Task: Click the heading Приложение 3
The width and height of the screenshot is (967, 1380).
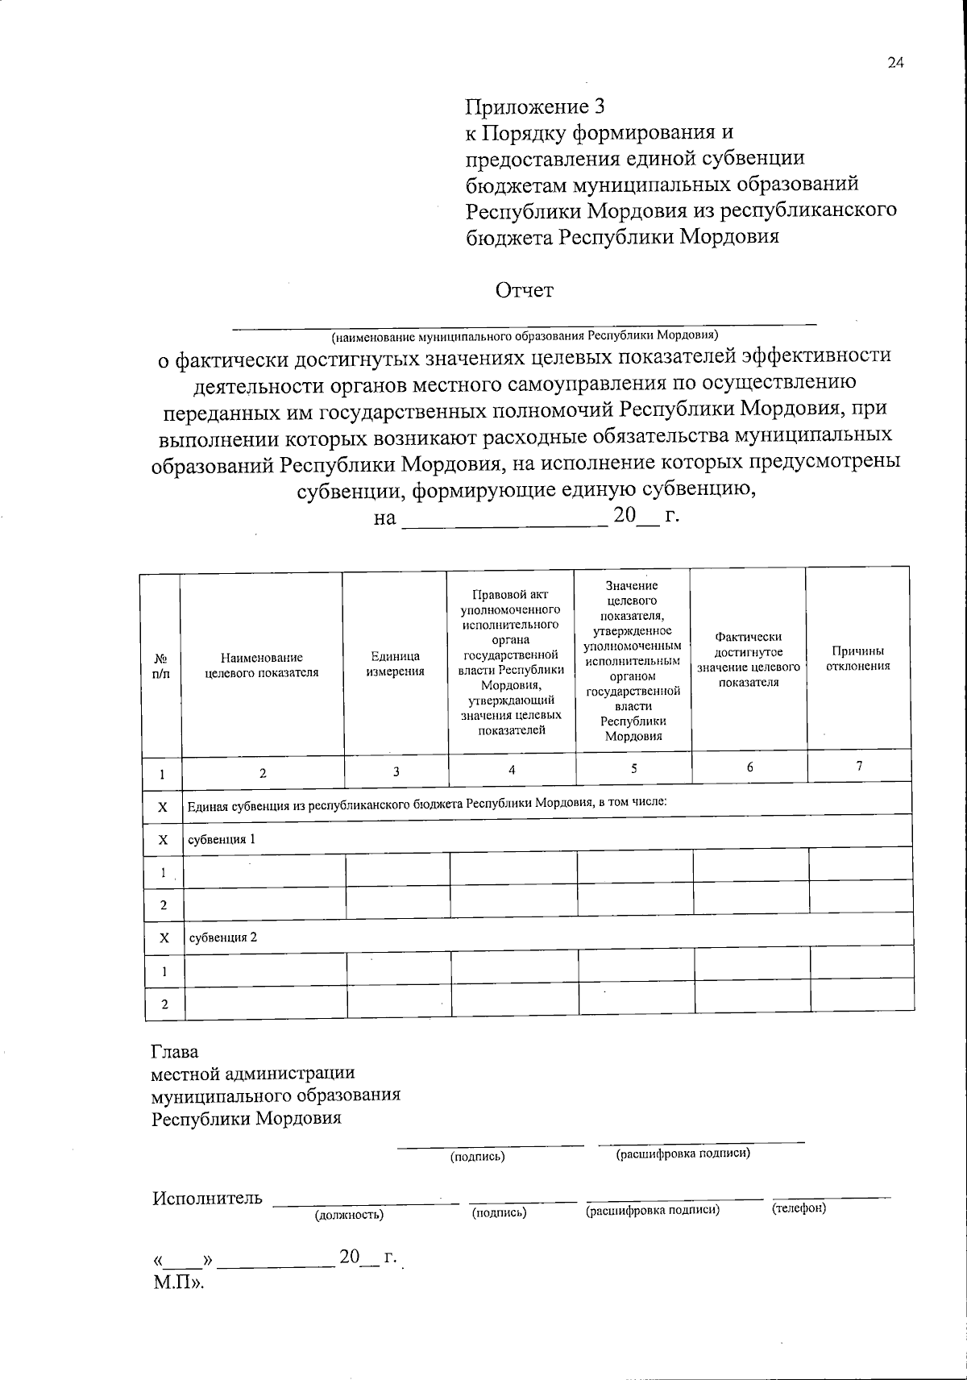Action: coord(534,106)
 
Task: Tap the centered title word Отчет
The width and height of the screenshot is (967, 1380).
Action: coord(525,290)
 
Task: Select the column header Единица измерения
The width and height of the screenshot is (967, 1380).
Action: coord(395,664)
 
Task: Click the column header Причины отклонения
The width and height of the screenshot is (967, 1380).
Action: coord(858,658)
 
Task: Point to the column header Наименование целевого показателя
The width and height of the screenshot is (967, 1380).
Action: coord(262,665)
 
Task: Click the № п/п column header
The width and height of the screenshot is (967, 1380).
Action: coord(160,665)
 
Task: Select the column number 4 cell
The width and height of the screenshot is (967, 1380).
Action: coord(512,770)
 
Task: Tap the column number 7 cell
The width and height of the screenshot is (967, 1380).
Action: coord(859,767)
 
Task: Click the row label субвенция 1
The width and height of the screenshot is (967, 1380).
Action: coord(222,838)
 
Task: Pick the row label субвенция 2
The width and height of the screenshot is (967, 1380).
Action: coord(222,937)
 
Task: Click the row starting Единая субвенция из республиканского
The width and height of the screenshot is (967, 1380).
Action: coord(427,804)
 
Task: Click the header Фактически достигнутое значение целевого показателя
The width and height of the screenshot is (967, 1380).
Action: coord(749,659)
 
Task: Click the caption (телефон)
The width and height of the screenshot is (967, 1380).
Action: coord(799,1208)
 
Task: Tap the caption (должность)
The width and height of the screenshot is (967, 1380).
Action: coord(349,1213)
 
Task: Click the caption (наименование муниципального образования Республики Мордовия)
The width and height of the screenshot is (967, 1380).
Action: coord(524,335)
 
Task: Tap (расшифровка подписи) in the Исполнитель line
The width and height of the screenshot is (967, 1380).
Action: coord(652,1210)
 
